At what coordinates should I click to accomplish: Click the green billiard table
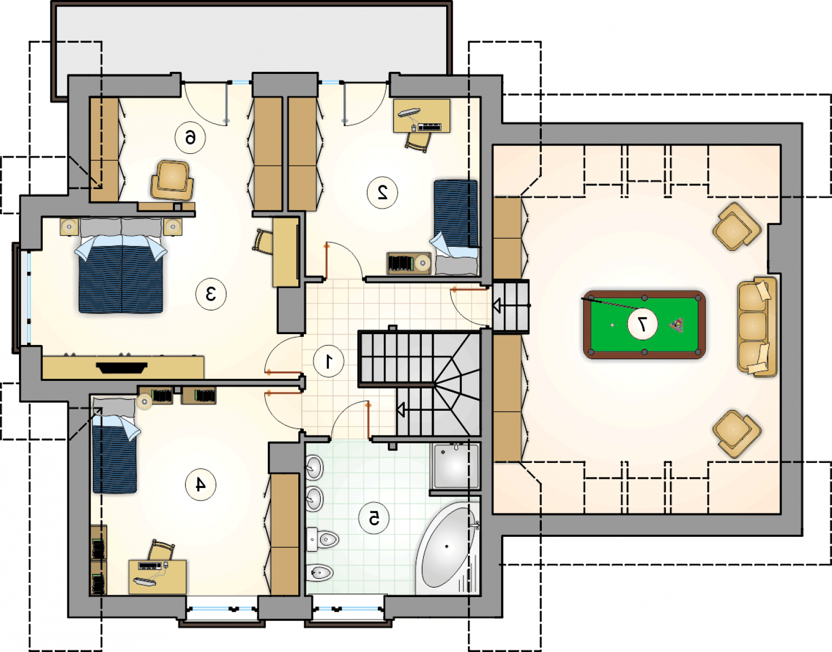[644, 324]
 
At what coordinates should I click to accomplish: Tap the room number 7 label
[642, 324]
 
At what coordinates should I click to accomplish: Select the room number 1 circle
[329, 361]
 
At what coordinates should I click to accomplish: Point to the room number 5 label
[374, 518]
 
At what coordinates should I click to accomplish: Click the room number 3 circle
[211, 294]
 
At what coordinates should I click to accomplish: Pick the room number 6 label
[190, 137]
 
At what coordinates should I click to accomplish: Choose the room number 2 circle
[382, 192]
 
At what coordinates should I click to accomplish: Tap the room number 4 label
[201, 485]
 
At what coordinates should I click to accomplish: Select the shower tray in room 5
[455, 466]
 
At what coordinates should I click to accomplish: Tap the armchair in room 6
[172, 180]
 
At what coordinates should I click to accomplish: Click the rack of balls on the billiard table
[676, 325]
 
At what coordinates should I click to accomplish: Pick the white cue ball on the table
[612, 325]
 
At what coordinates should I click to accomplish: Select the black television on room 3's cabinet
[122, 368]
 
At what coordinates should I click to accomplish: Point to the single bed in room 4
[115, 445]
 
